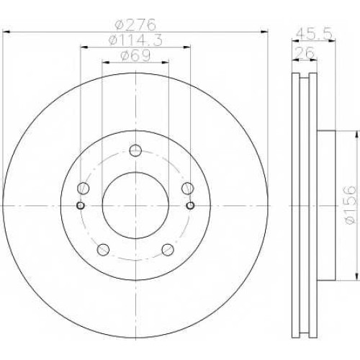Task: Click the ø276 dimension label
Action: (x=135, y=24)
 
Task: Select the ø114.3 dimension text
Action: (x=135, y=40)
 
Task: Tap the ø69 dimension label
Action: (x=135, y=55)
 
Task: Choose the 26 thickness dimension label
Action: (x=304, y=53)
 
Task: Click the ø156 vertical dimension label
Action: (x=349, y=204)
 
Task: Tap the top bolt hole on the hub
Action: (x=135, y=150)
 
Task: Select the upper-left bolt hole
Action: (x=83, y=188)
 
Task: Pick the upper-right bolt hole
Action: (x=188, y=188)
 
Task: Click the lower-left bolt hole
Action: (x=103, y=250)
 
